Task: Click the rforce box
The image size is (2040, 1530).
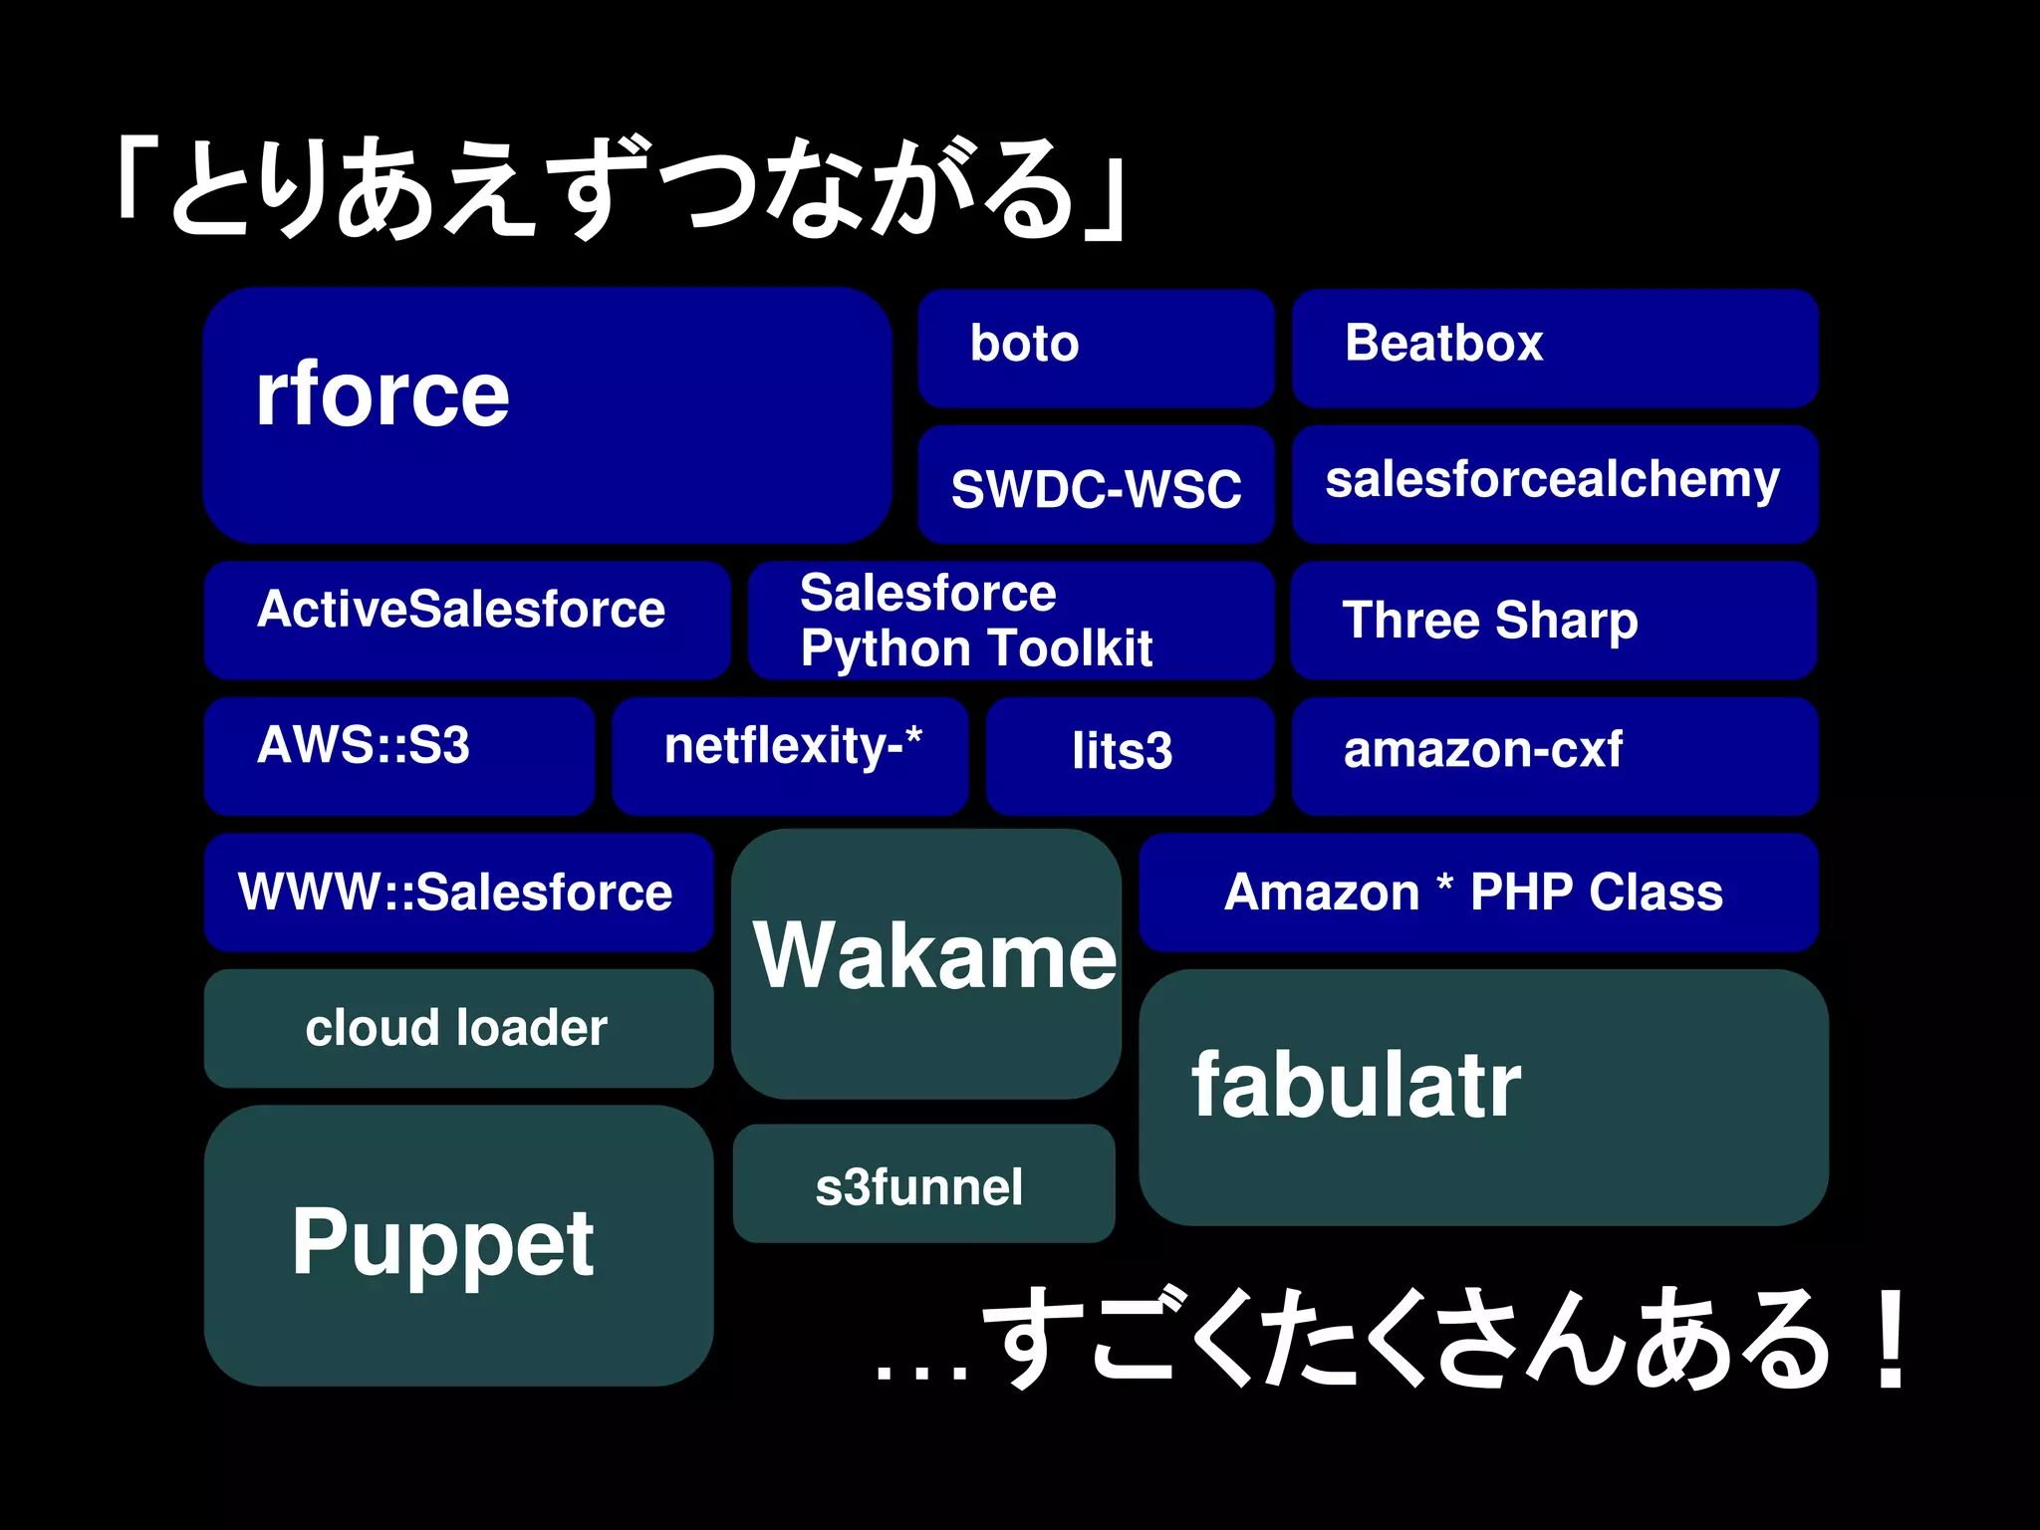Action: point(546,415)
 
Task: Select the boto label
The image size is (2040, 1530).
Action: point(1024,344)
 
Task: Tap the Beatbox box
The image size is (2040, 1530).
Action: point(1554,349)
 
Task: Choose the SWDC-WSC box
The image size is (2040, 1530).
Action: point(1096,485)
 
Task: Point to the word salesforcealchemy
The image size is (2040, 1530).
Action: point(1552,480)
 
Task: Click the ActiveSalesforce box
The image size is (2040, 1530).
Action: point(466,620)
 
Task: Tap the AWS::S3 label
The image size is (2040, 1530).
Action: point(364,745)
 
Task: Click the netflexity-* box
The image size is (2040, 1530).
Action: point(790,755)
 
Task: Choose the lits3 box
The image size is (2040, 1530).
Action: point(1130,755)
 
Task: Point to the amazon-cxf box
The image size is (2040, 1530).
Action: point(1554,755)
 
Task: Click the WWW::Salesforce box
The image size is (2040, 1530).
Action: point(458,892)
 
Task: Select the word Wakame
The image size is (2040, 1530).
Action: point(934,956)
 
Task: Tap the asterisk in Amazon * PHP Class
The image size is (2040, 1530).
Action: point(1444,882)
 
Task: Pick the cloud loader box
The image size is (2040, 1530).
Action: point(458,1028)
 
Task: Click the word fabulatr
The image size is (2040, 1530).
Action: point(1357,1086)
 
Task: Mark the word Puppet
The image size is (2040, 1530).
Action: point(443,1243)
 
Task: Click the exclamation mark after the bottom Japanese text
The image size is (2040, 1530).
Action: point(1890,1340)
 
